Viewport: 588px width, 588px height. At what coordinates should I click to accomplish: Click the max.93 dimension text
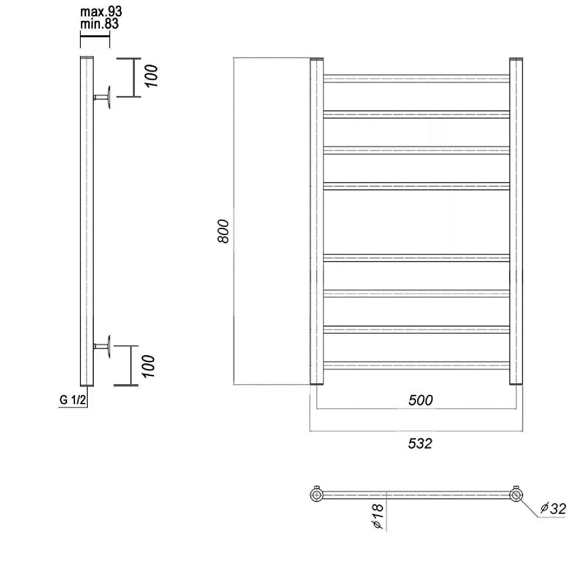pyautogui.click(x=101, y=12)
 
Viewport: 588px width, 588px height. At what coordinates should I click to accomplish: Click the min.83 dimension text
pyautogui.click(x=100, y=24)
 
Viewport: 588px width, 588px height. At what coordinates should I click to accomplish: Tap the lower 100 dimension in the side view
pyautogui.click(x=149, y=366)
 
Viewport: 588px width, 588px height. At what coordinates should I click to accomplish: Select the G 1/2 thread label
pyautogui.click(x=73, y=400)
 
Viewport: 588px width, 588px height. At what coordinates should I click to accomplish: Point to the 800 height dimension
pyautogui.click(x=223, y=231)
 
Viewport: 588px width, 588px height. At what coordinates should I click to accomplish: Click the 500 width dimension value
pyautogui.click(x=421, y=400)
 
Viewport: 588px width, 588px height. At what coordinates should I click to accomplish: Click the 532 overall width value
pyautogui.click(x=420, y=443)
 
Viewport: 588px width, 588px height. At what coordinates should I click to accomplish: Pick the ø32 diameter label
pyautogui.click(x=553, y=509)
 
